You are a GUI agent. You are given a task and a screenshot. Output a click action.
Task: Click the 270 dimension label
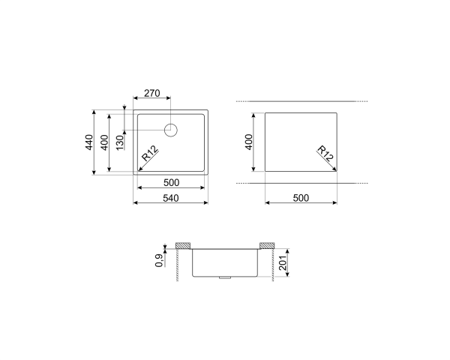[152, 93]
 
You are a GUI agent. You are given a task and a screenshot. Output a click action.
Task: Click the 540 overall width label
[171, 198]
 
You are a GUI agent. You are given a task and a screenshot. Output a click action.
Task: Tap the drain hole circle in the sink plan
[171, 130]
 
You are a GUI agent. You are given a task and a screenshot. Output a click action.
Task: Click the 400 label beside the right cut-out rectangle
[248, 142]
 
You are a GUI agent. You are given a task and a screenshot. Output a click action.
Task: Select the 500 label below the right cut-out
[301, 198]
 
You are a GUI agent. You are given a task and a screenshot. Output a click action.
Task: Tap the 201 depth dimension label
[283, 264]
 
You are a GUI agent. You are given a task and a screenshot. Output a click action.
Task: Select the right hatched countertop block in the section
[266, 246]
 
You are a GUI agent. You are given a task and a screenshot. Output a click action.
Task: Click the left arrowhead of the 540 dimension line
[135, 202]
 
